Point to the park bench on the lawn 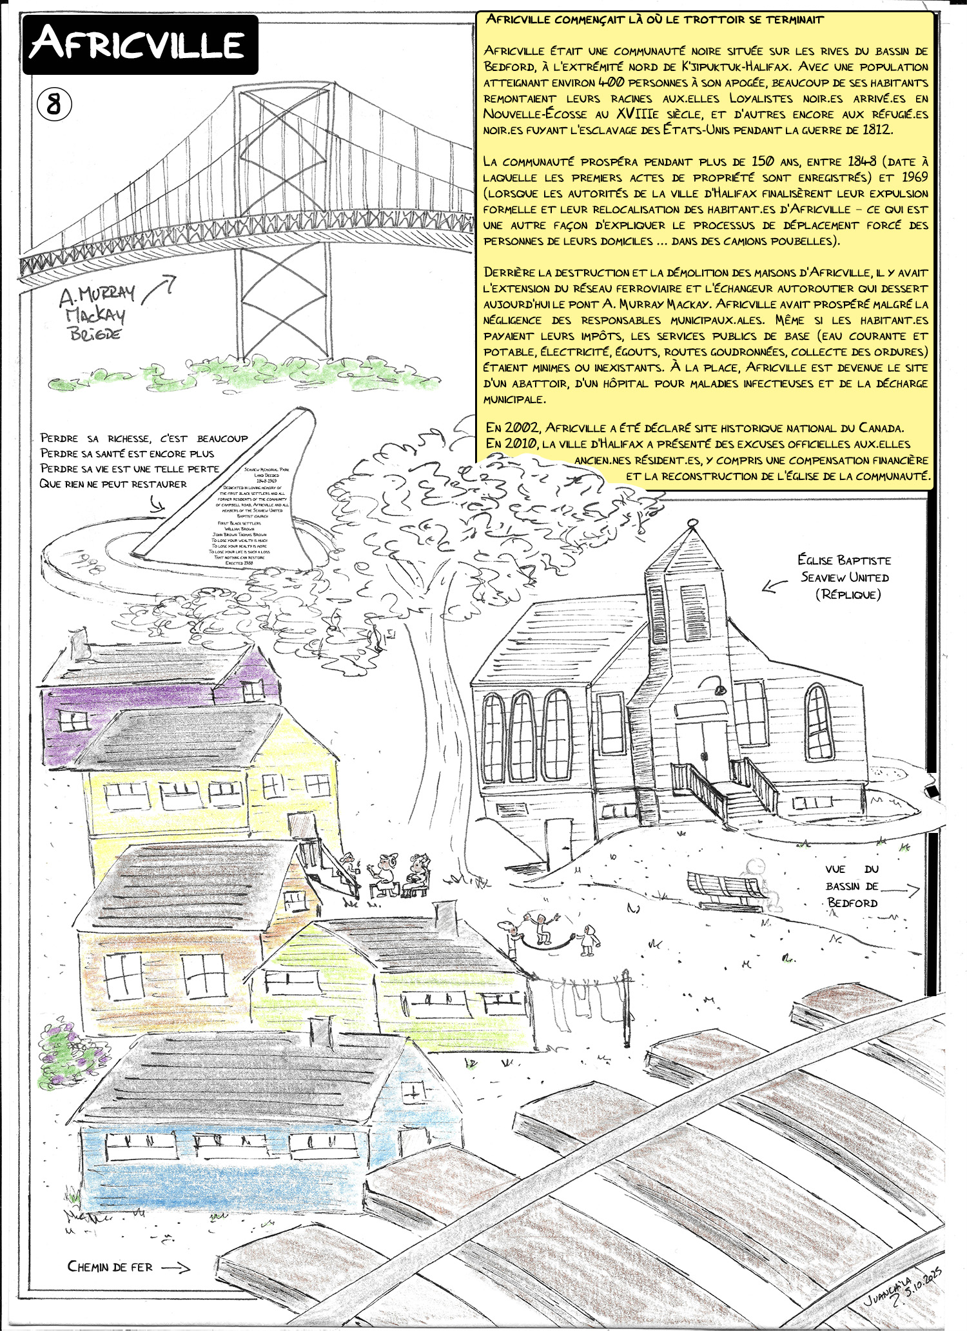click(x=725, y=890)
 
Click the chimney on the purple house click(x=78, y=642)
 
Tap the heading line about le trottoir click(x=654, y=20)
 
